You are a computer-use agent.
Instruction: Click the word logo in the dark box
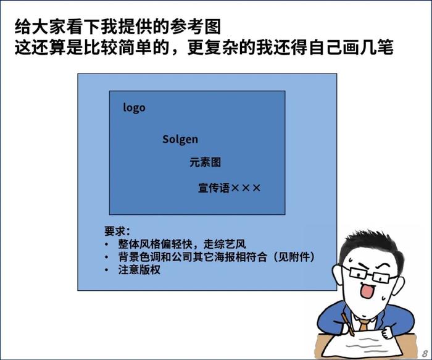[x=134, y=107]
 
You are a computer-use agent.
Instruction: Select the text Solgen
[x=180, y=139]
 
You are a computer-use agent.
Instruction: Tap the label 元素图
[x=206, y=162]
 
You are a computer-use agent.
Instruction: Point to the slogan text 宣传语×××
[x=229, y=188]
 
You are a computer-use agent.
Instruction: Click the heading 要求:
[x=117, y=231]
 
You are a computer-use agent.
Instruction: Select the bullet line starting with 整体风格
[x=182, y=244]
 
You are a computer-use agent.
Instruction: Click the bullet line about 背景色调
[x=217, y=257]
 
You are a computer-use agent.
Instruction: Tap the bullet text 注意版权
[x=139, y=270]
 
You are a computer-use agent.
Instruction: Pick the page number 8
[x=425, y=353]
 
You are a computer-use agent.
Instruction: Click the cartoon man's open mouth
[x=368, y=291]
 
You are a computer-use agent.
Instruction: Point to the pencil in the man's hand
[x=347, y=324]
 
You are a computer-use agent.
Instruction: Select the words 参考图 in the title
[x=196, y=27]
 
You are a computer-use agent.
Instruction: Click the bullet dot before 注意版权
[x=107, y=270]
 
